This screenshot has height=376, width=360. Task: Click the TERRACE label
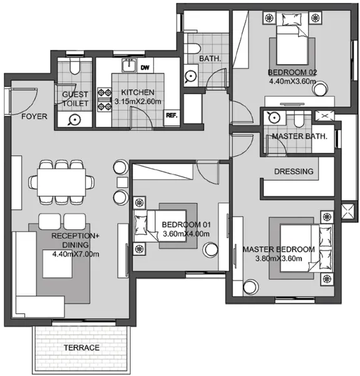click(x=81, y=347)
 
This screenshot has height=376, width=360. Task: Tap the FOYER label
click(x=34, y=117)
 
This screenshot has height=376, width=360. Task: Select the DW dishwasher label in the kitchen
click(x=145, y=68)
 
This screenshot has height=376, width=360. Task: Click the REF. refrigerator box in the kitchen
click(x=172, y=118)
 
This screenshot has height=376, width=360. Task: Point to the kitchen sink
click(x=129, y=65)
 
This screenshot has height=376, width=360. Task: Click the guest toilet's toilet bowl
click(x=75, y=66)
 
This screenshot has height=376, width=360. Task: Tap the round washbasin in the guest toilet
click(x=75, y=120)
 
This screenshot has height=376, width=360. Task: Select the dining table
click(x=61, y=182)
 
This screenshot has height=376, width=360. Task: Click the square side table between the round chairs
click(x=122, y=182)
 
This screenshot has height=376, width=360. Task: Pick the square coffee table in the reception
click(x=58, y=264)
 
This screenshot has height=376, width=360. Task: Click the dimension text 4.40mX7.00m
click(x=76, y=254)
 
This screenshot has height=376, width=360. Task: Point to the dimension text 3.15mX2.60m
click(x=138, y=102)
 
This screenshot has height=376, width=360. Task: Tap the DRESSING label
click(x=294, y=172)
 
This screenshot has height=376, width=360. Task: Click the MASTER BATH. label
click(x=299, y=137)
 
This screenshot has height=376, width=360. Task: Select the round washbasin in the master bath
click(x=274, y=118)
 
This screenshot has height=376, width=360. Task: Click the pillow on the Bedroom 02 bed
click(x=292, y=19)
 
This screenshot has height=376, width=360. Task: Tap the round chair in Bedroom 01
click(x=210, y=249)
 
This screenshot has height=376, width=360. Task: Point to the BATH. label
click(x=210, y=58)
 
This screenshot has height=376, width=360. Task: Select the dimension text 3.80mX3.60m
click(x=279, y=258)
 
